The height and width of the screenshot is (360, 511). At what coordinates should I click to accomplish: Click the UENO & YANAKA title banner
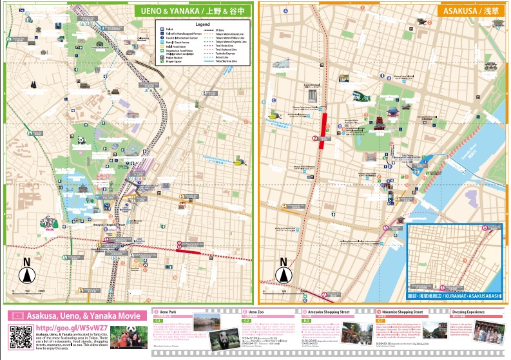coord(191,10)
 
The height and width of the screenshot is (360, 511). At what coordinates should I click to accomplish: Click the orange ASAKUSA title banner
coord(470,10)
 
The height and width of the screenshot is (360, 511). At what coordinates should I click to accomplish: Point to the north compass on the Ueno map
coord(27,273)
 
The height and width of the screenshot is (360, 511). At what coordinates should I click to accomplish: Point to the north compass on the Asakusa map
coord(283,274)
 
